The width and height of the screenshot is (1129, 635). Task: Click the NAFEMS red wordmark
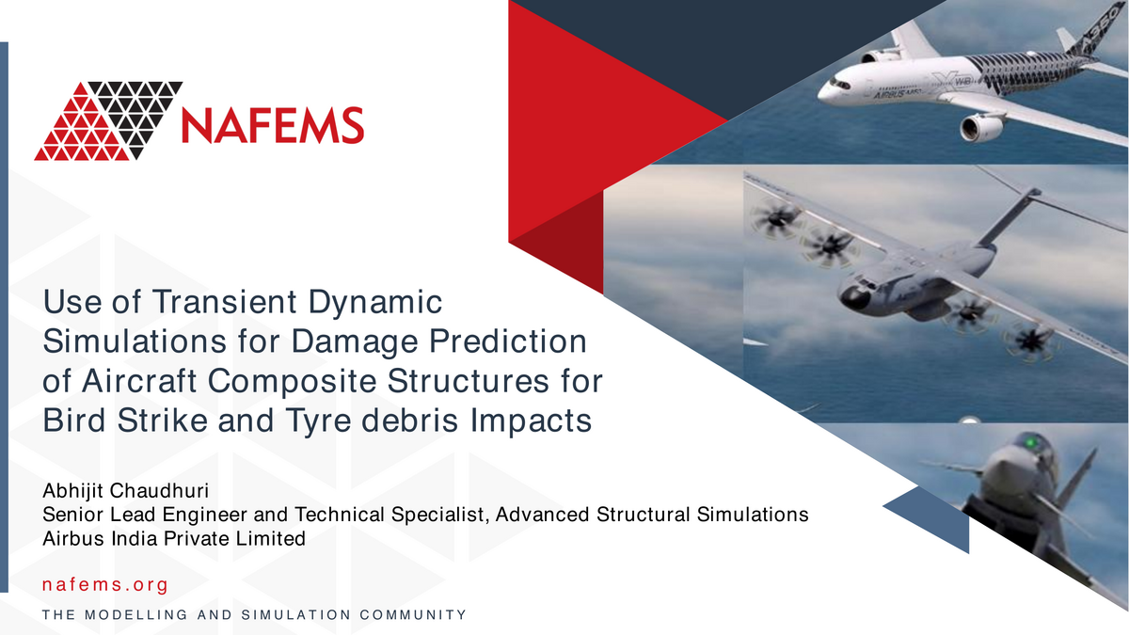(x=273, y=125)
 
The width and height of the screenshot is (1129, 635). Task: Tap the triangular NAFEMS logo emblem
(x=108, y=121)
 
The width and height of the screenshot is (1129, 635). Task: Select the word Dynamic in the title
(x=375, y=302)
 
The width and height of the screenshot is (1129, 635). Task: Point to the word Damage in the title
(x=355, y=342)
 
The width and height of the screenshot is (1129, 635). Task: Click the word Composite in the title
(x=292, y=382)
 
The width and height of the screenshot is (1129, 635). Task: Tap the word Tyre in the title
(x=319, y=421)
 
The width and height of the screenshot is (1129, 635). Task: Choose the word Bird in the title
(x=74, y=421)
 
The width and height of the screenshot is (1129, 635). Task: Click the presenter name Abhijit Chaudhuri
(x=125, y=490)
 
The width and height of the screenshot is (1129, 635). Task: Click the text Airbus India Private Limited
(x=174, y=539)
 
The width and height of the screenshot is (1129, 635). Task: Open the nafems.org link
(x=104, y=584)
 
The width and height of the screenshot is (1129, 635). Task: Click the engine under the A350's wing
(x=980, y=129)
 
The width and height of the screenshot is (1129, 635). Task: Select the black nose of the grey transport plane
(x=852, y=298)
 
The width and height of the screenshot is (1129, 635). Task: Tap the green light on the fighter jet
(x=1031, y=443)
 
